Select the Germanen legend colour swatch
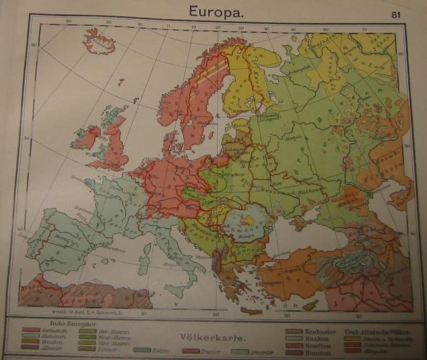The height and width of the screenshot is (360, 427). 30,329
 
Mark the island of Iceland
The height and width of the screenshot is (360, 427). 99,41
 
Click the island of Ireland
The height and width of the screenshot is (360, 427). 87,138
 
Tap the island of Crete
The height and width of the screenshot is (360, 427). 252,310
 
